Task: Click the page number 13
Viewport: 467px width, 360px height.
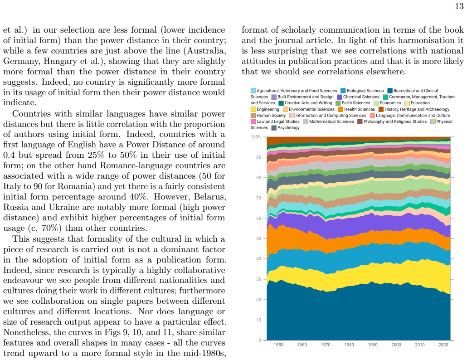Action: click(459, 6)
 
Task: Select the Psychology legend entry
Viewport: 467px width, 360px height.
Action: click(286, 128)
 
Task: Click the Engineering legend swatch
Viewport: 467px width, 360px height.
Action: click(253, 109)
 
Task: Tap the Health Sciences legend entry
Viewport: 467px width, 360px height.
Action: click(356, 109)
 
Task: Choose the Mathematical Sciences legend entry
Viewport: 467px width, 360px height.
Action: click(329, 122)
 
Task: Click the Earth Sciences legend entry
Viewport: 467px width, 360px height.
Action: click(353, 103)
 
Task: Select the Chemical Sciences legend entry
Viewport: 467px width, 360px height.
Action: click(358, 97)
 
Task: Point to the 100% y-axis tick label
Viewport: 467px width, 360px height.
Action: click(256, 137)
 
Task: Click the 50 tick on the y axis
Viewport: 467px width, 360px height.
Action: click(259, 238)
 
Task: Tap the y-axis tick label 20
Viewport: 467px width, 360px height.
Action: click(259, 300)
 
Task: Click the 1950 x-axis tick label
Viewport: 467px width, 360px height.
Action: click(278, 345)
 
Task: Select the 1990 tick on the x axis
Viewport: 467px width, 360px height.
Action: click(373, 345)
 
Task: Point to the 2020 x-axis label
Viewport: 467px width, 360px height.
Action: click(443, 345)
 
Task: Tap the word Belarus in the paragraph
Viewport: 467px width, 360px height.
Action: click(210, 197)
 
